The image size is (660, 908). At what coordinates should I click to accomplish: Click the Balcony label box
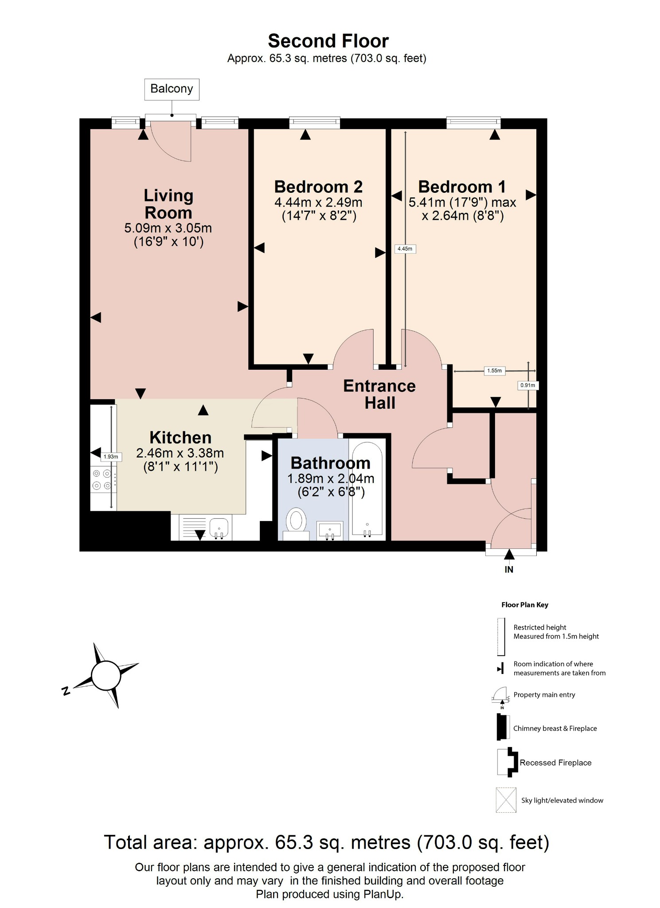pyautogui.click(x=172, y=89)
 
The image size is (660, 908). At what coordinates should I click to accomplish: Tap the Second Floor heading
pyautogui.click(x=328, y=41)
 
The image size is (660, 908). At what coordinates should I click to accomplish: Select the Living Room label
pyautogui.click(x=168, y=204)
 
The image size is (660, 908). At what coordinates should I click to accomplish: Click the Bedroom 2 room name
pyautogui.click(x=318, y=187)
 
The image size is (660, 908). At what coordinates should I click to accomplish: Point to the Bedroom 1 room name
pyautogui.click(x=461, y=187)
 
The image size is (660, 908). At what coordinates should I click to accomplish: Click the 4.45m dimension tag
pyautogui.click(x=405, y=249)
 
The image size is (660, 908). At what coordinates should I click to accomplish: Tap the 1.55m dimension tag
pyautogui.click(x=494, y=371)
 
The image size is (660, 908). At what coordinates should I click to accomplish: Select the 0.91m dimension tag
pyautogui.click(x=527, y=385)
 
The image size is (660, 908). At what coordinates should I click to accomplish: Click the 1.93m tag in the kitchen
pyautogui.click(x=111, y=457)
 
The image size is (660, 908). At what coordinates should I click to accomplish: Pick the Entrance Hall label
pyautogui.click(x=379, y=394)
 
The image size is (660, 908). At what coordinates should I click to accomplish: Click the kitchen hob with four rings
pyautogui.click(x=102, y=480)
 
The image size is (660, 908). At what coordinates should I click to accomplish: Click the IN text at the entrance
pyautogui.click(x=509, y=570)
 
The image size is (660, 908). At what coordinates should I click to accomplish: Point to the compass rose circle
pyautogui.click(x=106, y=675)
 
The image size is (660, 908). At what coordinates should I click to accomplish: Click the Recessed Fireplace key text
pyautogui.click(x=555, y=763)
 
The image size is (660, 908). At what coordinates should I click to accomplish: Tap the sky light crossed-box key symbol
pyautogui.click(x=506, y=800)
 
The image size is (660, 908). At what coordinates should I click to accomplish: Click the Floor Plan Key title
pyautogui.click(x=524, y=605)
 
